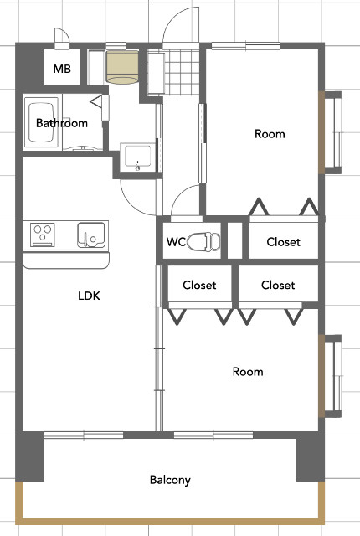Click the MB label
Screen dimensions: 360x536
(x=62, y=69)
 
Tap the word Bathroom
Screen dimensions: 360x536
(x=62, y=123)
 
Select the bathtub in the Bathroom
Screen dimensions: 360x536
(x=41, y=122)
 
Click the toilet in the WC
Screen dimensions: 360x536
(x=203, y=241)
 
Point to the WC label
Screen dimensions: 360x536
(x=176, y=242)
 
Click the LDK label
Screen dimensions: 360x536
(x=89, y=296)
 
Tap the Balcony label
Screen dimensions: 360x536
(x=170, y=480)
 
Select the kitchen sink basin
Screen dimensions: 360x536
(x=91, y=234)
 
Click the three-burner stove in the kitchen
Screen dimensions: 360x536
(x=43, y=234)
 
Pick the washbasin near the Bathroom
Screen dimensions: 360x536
(x=137, y=157)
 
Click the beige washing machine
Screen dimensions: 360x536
(x=122, y=67)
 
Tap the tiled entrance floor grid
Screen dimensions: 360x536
(x=182, y=72)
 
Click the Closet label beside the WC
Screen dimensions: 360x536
(x=284, y=242)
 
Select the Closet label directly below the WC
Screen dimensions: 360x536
(x=199, y=285)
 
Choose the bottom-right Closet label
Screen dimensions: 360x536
(x=278, y=285)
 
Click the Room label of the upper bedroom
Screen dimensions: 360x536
(x=270, y=134)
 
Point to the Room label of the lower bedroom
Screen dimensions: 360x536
(x=248, y=372)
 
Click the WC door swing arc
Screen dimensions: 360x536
(x=178, y=195)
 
